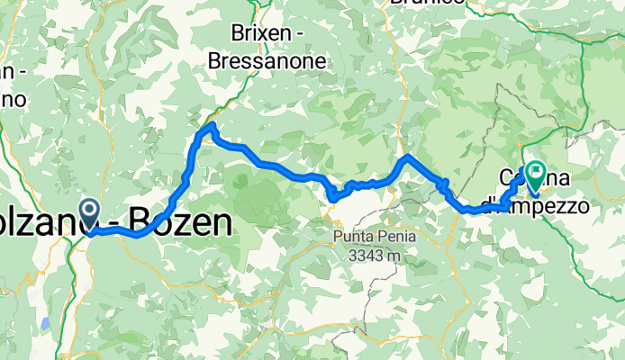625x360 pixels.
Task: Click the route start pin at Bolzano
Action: [x=90, y=212]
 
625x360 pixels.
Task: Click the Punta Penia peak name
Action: [x=364, y=237]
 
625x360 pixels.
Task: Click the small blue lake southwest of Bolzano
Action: [x=44, y=323]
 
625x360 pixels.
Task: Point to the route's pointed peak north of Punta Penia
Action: [x=408, y=157]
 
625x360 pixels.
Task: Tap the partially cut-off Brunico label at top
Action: [x=428, y=3]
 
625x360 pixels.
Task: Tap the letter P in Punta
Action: [x=336, y=237]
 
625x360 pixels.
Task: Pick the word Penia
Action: [x=382, y=237]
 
